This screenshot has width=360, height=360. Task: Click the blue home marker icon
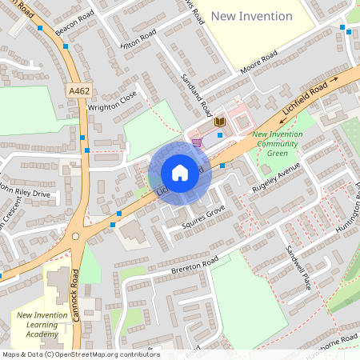tap(179, 173)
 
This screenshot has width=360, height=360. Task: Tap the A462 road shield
tap(79, 91)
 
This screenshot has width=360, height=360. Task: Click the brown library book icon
tap(220, 122)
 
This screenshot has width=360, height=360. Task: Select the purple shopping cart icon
tap(197, 142)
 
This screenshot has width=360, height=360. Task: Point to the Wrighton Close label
tap(113, 104)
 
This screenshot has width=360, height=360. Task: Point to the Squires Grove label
tap(203, 216)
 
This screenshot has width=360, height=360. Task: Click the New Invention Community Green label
tap(278, 144)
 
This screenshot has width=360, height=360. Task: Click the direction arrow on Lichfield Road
tap(337, 81)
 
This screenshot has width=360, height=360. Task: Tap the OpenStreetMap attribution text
tap(80, 354)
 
